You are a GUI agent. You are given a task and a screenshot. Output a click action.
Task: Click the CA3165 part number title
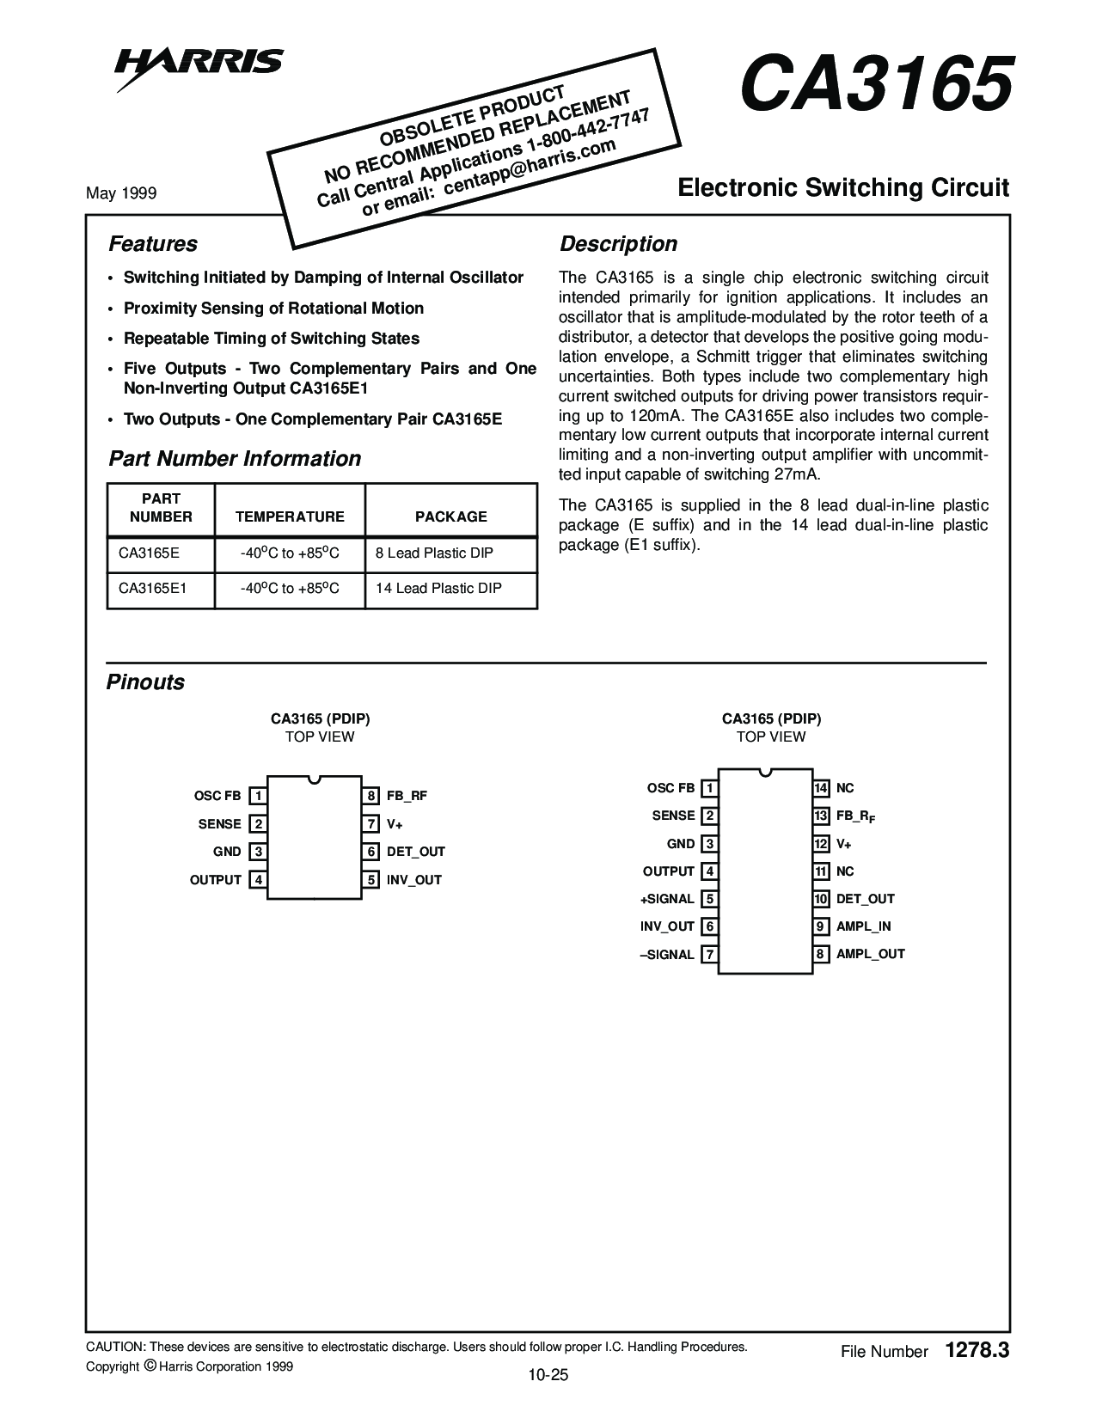point(877,83)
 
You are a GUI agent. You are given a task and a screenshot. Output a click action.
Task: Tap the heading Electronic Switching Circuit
point(843,187)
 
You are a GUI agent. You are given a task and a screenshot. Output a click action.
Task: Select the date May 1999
point(121,193)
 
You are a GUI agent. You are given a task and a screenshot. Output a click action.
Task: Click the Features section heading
point(153,243)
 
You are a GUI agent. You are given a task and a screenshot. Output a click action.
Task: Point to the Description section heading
point(618,243)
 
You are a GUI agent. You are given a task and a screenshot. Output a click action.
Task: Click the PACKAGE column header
point(451,516)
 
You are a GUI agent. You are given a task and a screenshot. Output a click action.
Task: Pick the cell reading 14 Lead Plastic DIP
point(438,588)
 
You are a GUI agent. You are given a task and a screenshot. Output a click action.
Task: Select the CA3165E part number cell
point(149,553)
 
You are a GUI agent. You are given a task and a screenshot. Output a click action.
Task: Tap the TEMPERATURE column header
point(290,516)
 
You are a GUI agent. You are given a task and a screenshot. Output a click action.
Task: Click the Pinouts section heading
point(145,681)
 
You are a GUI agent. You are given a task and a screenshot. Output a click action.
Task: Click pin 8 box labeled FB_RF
point(370,796)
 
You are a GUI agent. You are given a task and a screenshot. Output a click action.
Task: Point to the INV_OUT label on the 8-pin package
point(413,880)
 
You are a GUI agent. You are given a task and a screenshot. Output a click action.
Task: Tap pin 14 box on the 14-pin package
point(821,787)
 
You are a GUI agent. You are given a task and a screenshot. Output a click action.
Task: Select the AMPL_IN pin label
point(864,926)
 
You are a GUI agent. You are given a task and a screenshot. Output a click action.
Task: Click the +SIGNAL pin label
point(667,899)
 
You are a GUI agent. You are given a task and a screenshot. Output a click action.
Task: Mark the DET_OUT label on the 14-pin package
point(866,899)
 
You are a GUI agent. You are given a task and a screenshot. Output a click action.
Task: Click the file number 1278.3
point(977,1350)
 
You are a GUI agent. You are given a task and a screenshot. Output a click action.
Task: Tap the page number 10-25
point(548,1375)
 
